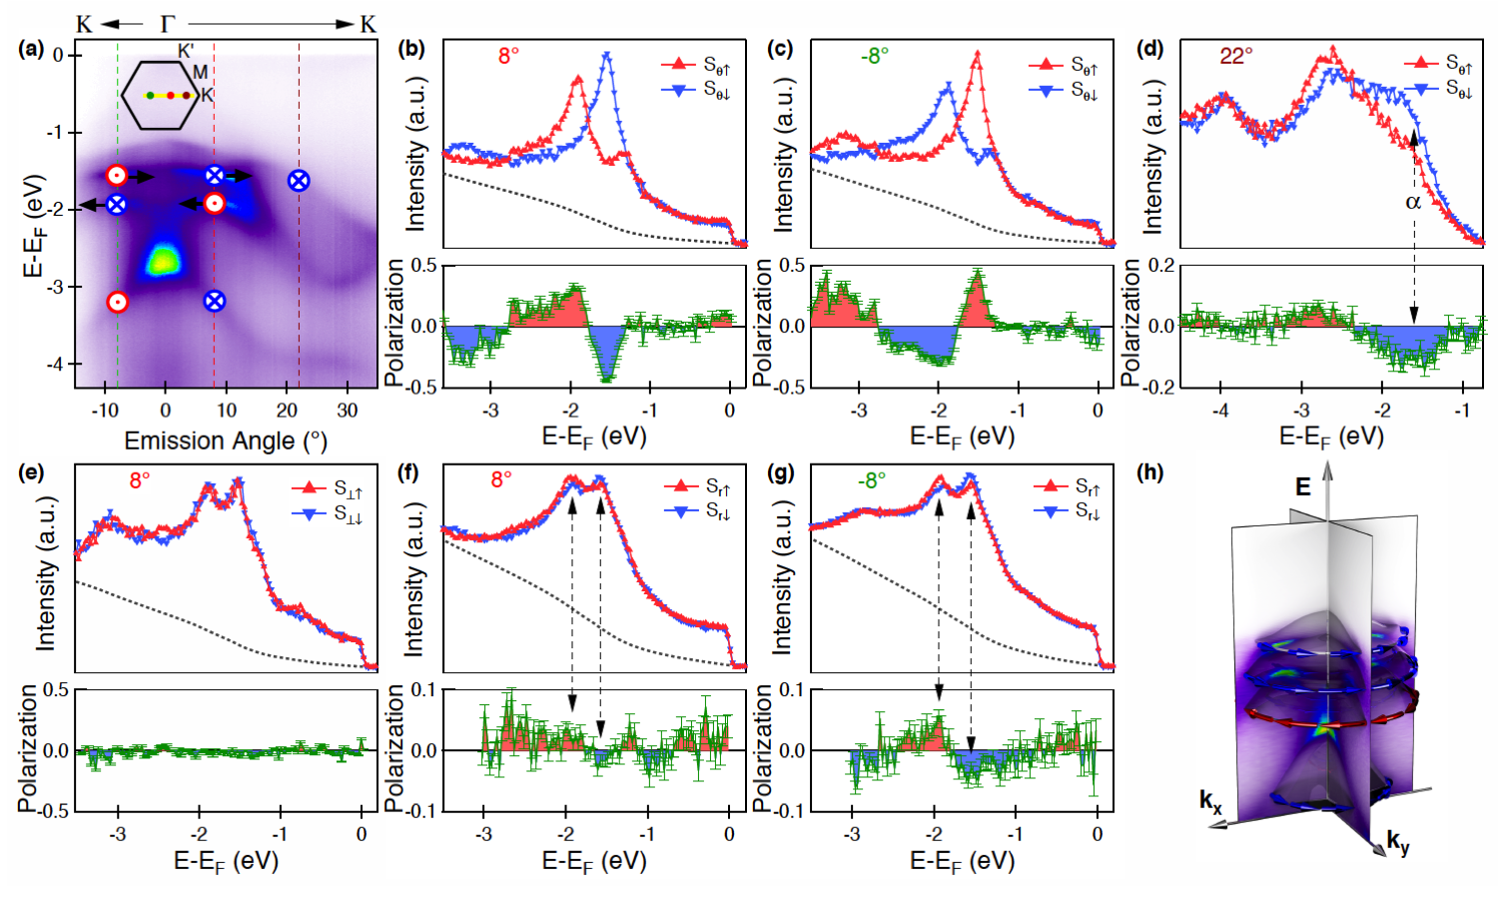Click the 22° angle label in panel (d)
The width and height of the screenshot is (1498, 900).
(x=1235, y=56)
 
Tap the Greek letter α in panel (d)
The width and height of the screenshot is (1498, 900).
(x=1412, y=203)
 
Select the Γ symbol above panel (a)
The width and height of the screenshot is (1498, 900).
(x=167, y=23)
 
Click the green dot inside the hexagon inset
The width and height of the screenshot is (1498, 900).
(x=150, y=96)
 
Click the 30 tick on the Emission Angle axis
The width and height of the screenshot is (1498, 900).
(x=347, y=411)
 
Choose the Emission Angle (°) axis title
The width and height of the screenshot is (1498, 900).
(x=226, y=441)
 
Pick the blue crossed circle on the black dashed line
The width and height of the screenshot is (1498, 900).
(x=299, y=181)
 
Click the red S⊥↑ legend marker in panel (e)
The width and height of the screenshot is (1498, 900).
(x=309, y=487)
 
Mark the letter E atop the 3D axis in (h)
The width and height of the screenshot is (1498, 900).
(x=1303, y=486)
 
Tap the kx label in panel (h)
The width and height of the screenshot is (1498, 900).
(x=1210, y=800)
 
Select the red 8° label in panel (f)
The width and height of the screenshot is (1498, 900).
(x=501, y=480)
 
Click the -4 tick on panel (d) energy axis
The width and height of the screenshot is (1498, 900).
(x=1220, y=411)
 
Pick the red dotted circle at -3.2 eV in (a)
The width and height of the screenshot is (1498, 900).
(x=117, y=302)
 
